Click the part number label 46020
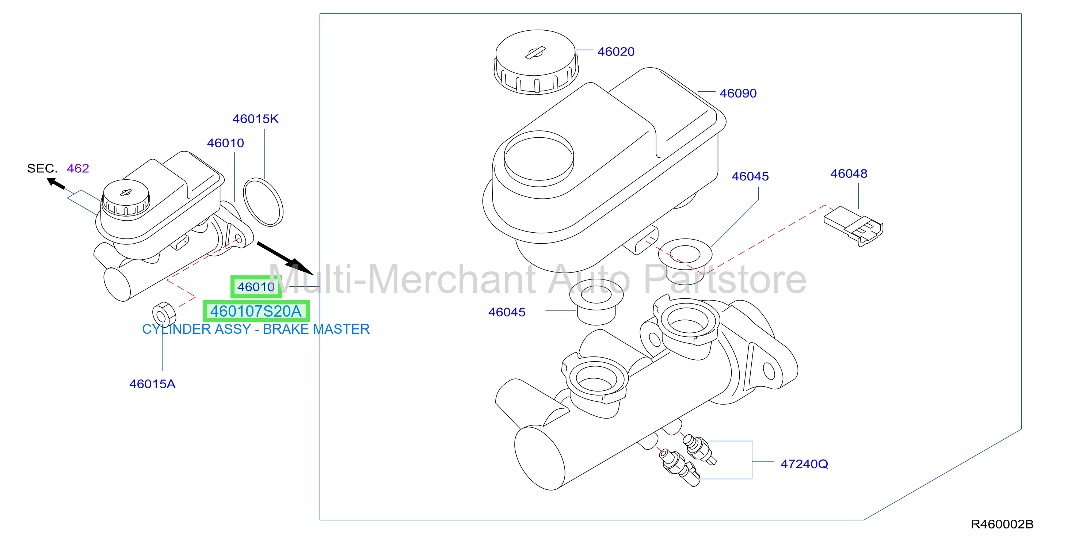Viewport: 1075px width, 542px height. (x=615, y=52)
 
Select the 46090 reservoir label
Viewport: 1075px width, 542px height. (x=738, y=93)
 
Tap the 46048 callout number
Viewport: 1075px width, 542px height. (x=849, y=173)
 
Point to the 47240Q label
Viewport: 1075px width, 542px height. (x=804, y=464)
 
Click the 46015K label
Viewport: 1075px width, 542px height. (x=255, y=119)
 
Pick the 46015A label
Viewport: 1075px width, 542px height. (x=152, y=384)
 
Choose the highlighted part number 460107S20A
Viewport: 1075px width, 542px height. (x=256, y=311)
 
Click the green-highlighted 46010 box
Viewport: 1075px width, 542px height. (x=256, y=287)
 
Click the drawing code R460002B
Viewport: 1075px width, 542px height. (x=1002, y=524)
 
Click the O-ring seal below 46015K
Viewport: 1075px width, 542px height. (x=263, y=202)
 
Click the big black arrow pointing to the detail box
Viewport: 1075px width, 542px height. (x=285, y=258)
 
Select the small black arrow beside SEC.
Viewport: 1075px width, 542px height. (x=56, y=184)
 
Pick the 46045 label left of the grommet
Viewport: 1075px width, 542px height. (x=507, y=312)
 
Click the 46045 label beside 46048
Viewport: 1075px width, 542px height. (x=750, y=176)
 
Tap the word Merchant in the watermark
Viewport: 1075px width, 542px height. (x=452, y=279)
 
